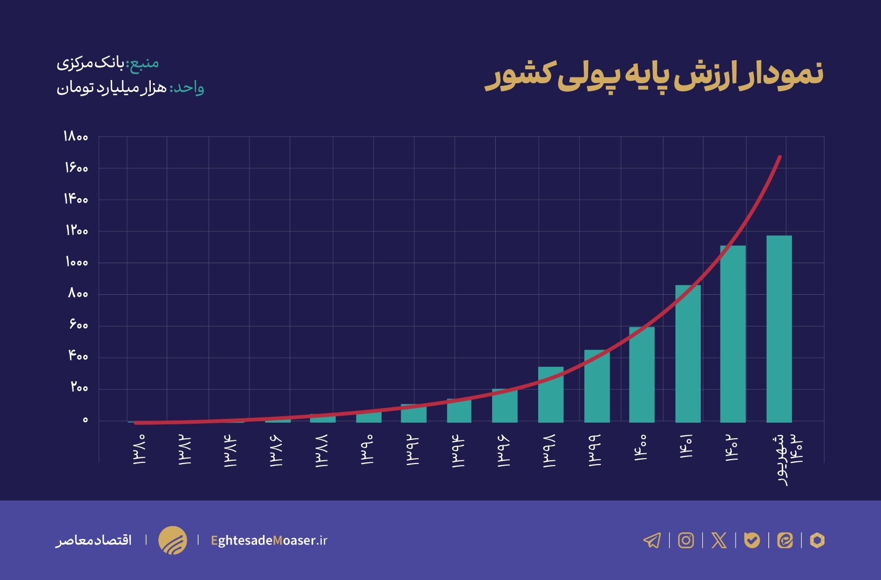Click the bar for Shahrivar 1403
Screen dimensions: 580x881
[x=779, y=329]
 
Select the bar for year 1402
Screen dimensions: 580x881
[x=732, y=334]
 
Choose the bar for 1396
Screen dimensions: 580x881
[x=504, y=405]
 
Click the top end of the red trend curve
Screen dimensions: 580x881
[x=780, y=157]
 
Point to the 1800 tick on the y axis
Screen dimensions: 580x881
[x=76, y=137]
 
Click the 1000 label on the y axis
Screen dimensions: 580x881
[x=77, y=263]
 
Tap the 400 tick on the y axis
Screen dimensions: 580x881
[x=78, y=357]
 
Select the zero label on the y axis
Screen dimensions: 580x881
[x=85, y=420]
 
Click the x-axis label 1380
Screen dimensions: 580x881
[x=139, y=450]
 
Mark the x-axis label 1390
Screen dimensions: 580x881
[x=367, y=450]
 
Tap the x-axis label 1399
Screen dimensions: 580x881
[x=594, y=451]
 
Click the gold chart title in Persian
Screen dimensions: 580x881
[x=654, y=75]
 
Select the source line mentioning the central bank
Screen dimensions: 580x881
[x=108, y=63]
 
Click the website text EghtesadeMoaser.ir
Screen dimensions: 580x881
[x=269, y=540]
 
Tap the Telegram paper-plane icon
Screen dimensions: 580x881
[x=652, y=540]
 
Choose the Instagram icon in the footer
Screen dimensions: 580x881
[x=686, y=540]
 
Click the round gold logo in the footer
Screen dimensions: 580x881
[x=172, y=540]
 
